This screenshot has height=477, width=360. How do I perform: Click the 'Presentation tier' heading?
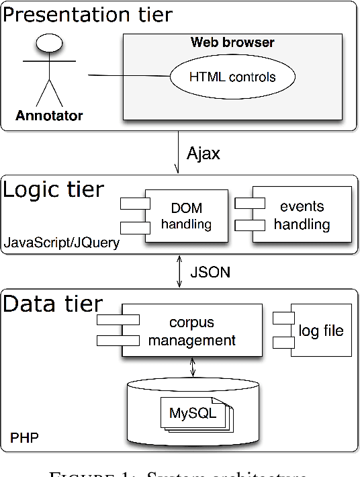tap(88, 14)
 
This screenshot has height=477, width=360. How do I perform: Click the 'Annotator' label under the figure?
tap(49, 116)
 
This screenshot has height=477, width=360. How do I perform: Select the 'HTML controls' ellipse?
tap(232, 77)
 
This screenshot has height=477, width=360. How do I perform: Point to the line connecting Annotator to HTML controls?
tap(128, 75)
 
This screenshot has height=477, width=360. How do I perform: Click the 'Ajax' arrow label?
tap(201, 154)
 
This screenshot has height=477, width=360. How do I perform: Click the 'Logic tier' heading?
tap(54, 189)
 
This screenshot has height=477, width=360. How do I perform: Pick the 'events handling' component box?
tap(301, 215)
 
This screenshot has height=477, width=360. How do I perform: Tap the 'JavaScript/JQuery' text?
tap(62, 243)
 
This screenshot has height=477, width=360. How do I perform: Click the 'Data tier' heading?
tap(54, 304)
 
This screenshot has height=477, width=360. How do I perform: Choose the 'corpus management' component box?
tap(191, 331)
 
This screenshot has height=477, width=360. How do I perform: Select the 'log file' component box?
tap(320, 331)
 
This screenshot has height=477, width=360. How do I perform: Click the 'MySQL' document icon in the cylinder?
tap(193, 413)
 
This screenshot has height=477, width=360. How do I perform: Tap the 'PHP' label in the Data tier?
tap(24, 439)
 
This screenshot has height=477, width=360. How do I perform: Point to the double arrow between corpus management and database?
tap(193, 367)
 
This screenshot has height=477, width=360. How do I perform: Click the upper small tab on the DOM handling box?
tap(134, 204)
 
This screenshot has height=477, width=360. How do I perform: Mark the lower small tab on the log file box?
tap(282, 343)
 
